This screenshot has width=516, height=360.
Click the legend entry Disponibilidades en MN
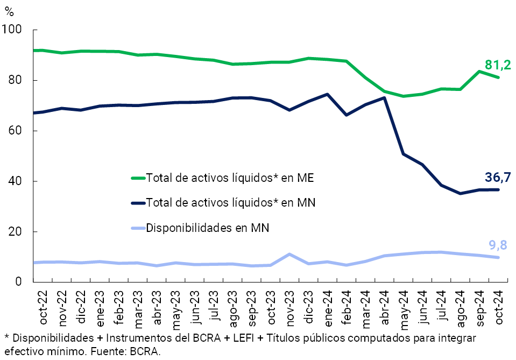207,228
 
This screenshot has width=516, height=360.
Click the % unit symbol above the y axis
9,12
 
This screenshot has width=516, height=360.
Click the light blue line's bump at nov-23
290,254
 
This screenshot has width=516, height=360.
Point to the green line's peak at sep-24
479,72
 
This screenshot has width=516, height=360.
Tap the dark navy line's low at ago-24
460,193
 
